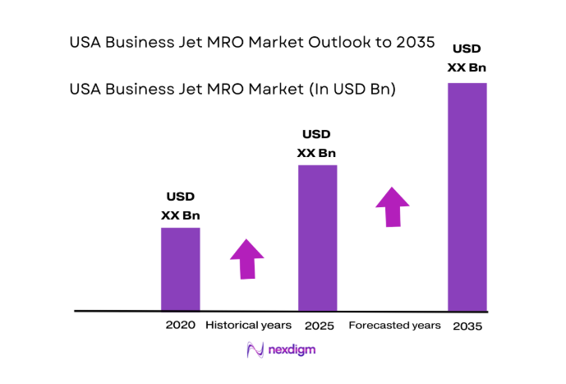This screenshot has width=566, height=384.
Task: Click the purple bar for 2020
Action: tap(180, 269)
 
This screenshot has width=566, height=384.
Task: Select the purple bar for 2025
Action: tap(316, 238)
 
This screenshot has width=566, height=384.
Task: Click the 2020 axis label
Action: tap(180, 325)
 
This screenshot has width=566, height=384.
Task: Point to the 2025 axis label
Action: tap(317, 326)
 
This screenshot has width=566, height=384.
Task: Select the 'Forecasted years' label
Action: tap(394, 326)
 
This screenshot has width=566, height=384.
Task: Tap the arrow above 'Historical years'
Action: tap(247, 259)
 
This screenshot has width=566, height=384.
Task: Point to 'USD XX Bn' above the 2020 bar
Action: tap(181, 206)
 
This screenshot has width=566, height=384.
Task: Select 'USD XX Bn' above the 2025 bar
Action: tap(316, 144)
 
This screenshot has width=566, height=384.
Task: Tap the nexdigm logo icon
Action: tap(255, 349)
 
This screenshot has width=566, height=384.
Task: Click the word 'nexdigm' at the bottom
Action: tap(292, 350)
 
